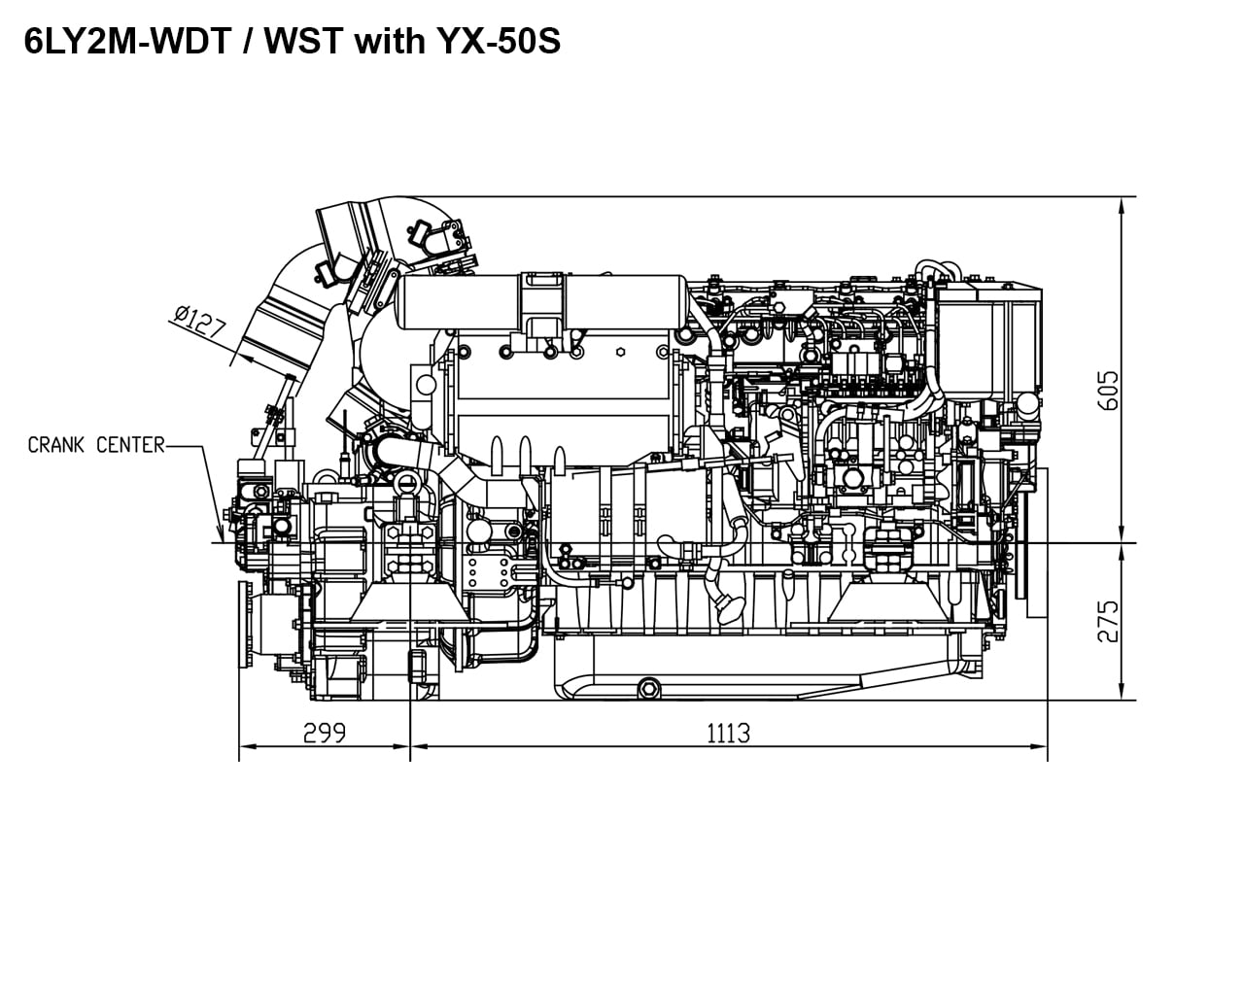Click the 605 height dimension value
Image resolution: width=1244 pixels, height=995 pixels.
tap(1107, 390)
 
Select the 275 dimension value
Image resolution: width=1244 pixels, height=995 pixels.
tap(1107, 621)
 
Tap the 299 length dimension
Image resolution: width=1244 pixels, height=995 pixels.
tap(324, 733)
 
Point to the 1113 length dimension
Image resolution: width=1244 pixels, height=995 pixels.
tap(728, 733)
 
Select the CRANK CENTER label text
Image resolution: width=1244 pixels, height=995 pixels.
tap(96, 445)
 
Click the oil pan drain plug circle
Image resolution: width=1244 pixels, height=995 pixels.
tap(647, 688)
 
